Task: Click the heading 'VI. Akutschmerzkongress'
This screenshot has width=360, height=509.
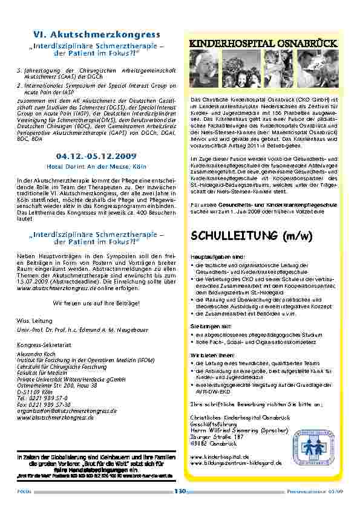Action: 96,34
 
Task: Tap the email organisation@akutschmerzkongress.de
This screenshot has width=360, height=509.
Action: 67,410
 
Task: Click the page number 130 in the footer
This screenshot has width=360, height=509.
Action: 179,491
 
